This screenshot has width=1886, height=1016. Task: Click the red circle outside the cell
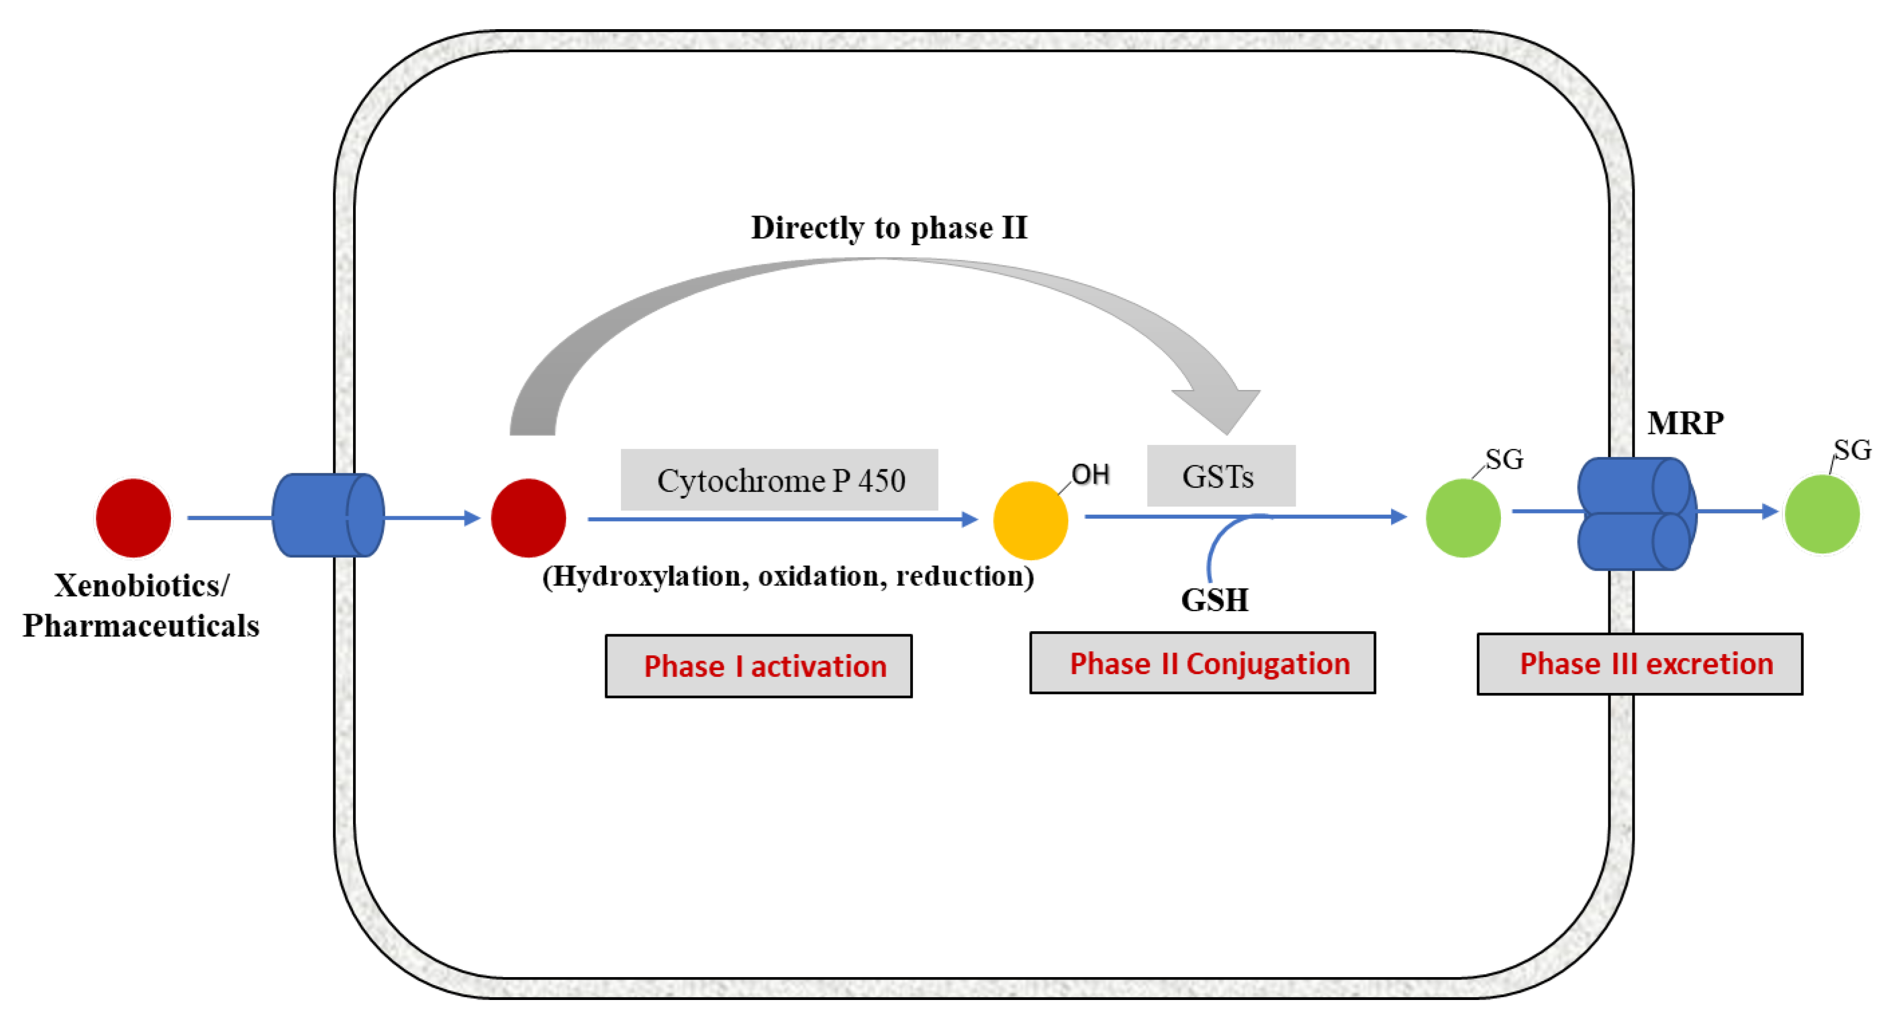point(133,518)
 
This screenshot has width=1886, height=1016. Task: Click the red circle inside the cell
point(528,518)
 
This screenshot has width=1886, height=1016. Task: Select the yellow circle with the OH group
point(1030,520)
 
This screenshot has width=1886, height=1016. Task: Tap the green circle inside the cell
point(1463,518)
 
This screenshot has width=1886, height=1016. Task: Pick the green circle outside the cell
point(1821,513)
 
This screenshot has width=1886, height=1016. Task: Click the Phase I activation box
point(759,666)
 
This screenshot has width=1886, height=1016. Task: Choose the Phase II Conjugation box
point(1202,663)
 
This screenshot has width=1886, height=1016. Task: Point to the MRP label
point(1685,424)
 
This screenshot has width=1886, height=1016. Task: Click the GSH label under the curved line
point(1215,600)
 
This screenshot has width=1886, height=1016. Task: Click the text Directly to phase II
point(889,228)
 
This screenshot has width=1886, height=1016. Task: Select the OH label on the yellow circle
point(1090,475)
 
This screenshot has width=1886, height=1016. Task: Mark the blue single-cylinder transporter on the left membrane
point(327,515)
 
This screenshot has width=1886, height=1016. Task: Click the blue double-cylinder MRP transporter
point(1636,513)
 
